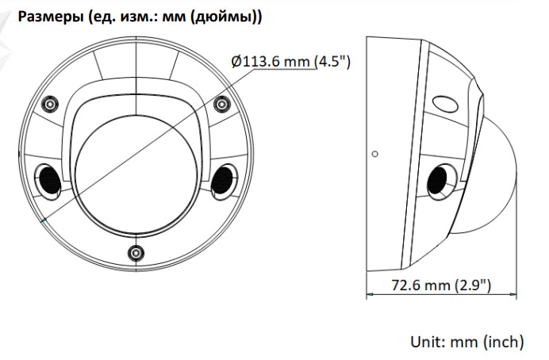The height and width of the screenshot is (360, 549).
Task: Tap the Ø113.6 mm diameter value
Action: click(271, 62)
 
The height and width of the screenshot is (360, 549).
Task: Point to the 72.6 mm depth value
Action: click(420, 285)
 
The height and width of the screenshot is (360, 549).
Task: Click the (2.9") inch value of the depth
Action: click(472, 285)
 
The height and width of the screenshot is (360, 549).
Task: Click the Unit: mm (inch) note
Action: click(467, 342)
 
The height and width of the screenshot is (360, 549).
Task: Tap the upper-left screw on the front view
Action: click(50, 104)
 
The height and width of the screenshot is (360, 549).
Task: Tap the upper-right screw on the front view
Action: click(221, 104)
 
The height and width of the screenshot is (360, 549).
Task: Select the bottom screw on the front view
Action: click(136, 252)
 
